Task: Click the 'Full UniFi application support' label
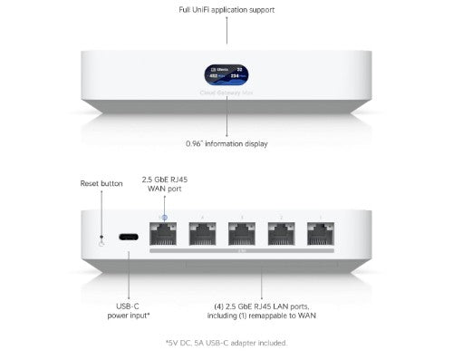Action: pyautogui.click(x=226, y=10)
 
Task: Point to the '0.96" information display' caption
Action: pyautogui.click(x=226, y=141)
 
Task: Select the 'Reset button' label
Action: pyautogui.click(x=101, y=183)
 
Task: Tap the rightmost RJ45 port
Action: pyautogui.click(x=319, y=236)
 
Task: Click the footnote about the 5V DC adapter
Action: pyautogui.click(x=226, y=343)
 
